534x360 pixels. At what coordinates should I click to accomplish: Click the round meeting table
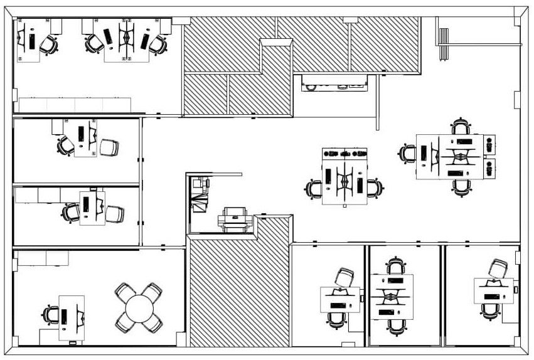tap(139, 308)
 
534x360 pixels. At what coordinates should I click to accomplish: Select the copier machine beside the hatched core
tap(234, 221)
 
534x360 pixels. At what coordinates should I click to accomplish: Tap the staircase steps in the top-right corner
tap(444, 44)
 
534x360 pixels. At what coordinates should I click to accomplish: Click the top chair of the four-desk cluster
tap(462, 127)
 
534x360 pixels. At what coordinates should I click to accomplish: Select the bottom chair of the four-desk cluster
tap(462, 186)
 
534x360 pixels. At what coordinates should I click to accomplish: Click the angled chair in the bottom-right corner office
tap(498, 268)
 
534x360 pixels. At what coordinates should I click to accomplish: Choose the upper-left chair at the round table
tap(124, 293)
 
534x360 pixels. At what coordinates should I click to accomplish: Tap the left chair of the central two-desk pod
tap(314, 188)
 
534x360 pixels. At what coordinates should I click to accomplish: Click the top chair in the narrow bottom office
tap(395, 265)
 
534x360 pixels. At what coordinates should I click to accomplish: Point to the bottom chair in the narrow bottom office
tap(395, 325)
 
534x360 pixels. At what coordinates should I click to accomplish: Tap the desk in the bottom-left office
tap(72, 317)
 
